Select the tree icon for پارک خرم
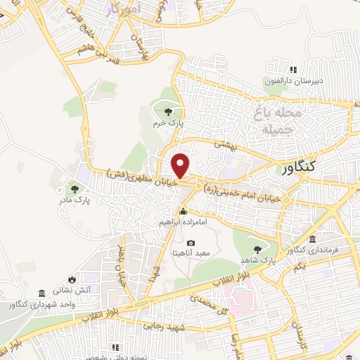click(x=167, y=111)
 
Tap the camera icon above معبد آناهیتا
click(x=192, y=243)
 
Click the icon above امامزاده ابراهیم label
click(x=183, y=211)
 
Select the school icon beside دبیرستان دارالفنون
click(x=294, y=70)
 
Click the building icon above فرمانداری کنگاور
click(x=313, y=239)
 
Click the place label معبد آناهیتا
click(x=193, y=252)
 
